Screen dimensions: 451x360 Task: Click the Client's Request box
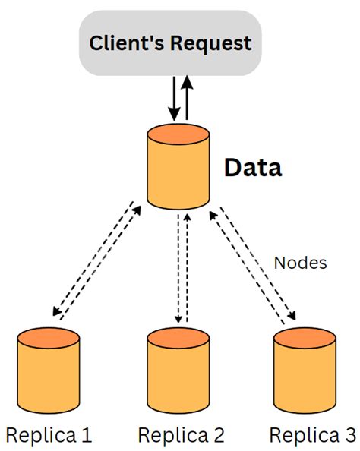[x=169, y=43]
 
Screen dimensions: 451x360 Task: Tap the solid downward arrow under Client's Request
[x=174, y=99]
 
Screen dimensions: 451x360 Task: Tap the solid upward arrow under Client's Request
[x=187, y=97]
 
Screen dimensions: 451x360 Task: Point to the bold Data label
[x=252, y=168]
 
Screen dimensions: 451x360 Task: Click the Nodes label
[x=300, y=263]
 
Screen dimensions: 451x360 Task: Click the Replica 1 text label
[x=49, y=435]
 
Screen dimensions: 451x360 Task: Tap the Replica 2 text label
[x=181, y=435]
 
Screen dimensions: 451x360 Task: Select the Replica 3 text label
[x=311, y=435]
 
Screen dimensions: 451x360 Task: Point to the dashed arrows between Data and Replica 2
[x=181, y=268]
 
